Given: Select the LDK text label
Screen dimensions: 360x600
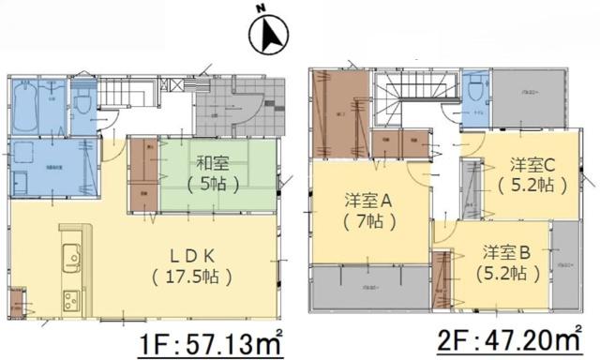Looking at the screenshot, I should pyautogui.click(x=196, y=255).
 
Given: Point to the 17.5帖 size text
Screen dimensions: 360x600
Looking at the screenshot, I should pyautogui.click(x=196, y=277).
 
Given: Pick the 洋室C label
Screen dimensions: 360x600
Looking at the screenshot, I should pyautogui.click(x=535, y=163).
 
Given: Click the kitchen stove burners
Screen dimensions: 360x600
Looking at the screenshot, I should pyautogui.click(x=71, y=300).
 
